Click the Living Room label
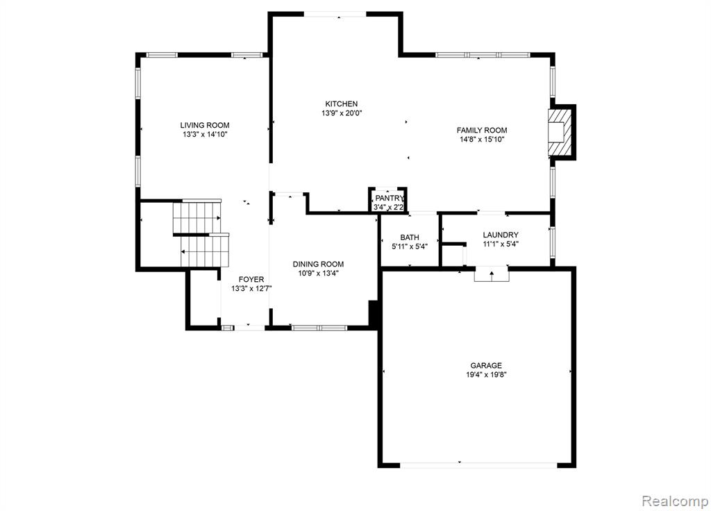(205, 125)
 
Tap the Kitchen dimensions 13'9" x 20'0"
(342, 113)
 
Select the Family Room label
(482, 130)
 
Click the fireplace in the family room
(561, 133)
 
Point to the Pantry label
(389, 198)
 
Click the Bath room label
(410, 237)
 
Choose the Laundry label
(501, 235)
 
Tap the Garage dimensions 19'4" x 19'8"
(486, 374)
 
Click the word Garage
(486, 365)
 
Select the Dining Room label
(318, 264)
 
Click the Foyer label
(251, 279)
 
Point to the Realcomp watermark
(675, 501)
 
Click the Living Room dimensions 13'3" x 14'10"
(205, 135)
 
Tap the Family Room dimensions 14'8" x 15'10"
(482, 140)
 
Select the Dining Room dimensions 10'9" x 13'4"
(318, 273)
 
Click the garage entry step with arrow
(492, 274)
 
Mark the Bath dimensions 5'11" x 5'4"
(410, 246)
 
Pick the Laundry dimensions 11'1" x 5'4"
(501, 244)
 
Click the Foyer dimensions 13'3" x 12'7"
(251, 288)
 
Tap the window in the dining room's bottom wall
(319, 328)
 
